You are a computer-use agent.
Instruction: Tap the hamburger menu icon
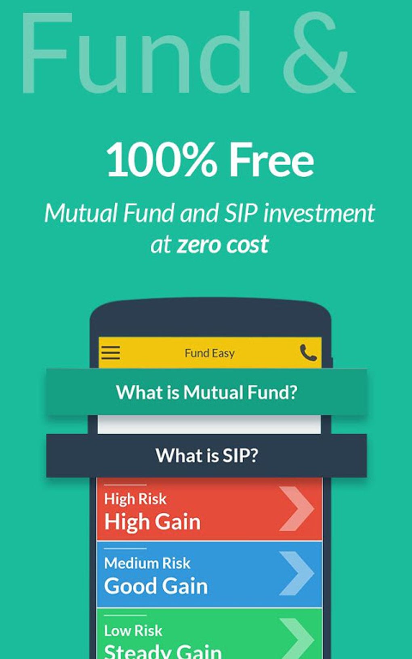click(x=111, y=353)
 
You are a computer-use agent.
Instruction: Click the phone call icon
click(x=308, y=353)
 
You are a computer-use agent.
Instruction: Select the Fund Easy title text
click(x=209, y=353)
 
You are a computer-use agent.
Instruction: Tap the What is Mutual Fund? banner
click(x=206, y=392)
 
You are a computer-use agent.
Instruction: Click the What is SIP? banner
click(x=206, y=455)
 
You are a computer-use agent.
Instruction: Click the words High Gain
click(x=152, y=522)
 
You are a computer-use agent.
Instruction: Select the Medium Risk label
click(x=147, y=563)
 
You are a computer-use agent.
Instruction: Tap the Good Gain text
click(x=156, y=586)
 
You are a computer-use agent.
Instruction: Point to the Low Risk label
click(x=133, y=630)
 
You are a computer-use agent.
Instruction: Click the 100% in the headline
click(x=161, y=160)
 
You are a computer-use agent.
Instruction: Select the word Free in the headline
click(x=271, y=160)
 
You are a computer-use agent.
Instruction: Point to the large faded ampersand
click(x=317, y=53)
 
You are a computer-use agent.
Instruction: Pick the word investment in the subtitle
click(x=319, y=213)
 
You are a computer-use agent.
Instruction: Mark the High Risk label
click(x=135, y=499)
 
